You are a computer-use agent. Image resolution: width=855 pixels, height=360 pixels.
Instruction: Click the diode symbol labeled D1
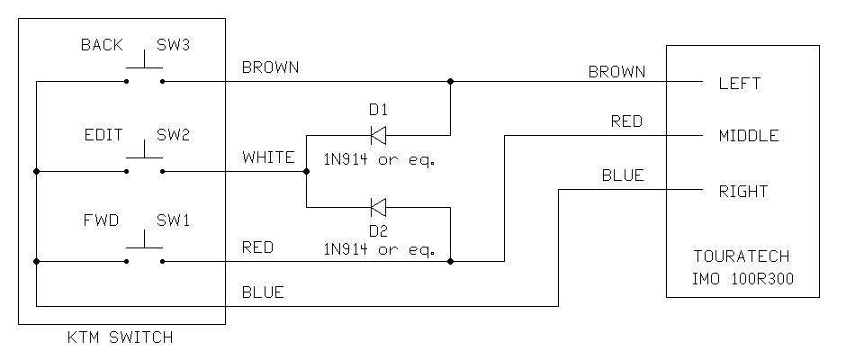click(378, 135)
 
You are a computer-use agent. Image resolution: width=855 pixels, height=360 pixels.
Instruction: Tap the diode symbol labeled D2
click(378, 208)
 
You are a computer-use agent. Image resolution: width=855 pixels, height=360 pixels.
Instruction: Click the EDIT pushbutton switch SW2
click(144, 162)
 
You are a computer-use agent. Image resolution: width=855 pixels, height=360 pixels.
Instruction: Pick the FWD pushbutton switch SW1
click(144, 252)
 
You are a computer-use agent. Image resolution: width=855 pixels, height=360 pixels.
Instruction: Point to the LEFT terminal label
click(740, 84)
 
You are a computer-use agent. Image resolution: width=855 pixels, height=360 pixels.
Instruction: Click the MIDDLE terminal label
click(749, 137)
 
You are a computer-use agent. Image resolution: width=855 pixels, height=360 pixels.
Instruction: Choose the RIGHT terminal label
click(743, 191)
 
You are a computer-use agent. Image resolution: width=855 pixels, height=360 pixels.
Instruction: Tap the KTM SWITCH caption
click(121, 338)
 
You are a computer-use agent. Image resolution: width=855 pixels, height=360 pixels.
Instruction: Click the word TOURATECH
click(743, 256)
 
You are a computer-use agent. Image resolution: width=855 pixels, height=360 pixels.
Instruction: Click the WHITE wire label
click(268, 157)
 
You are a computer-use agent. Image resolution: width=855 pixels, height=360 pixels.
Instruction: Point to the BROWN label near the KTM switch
click(270, 67)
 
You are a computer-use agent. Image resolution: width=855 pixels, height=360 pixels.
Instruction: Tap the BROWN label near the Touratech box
click(617, 71)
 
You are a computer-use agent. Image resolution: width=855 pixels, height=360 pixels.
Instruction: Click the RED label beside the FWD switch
click(257, 247)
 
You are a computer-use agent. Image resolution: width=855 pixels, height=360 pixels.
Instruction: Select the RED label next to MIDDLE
click(626, 121)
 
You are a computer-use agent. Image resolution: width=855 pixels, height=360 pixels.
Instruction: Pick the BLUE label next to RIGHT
click(623, 175)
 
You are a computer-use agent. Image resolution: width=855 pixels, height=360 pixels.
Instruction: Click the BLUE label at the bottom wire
click(263, 292)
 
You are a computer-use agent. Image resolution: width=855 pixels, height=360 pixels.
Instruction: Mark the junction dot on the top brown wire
click(451, 82)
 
